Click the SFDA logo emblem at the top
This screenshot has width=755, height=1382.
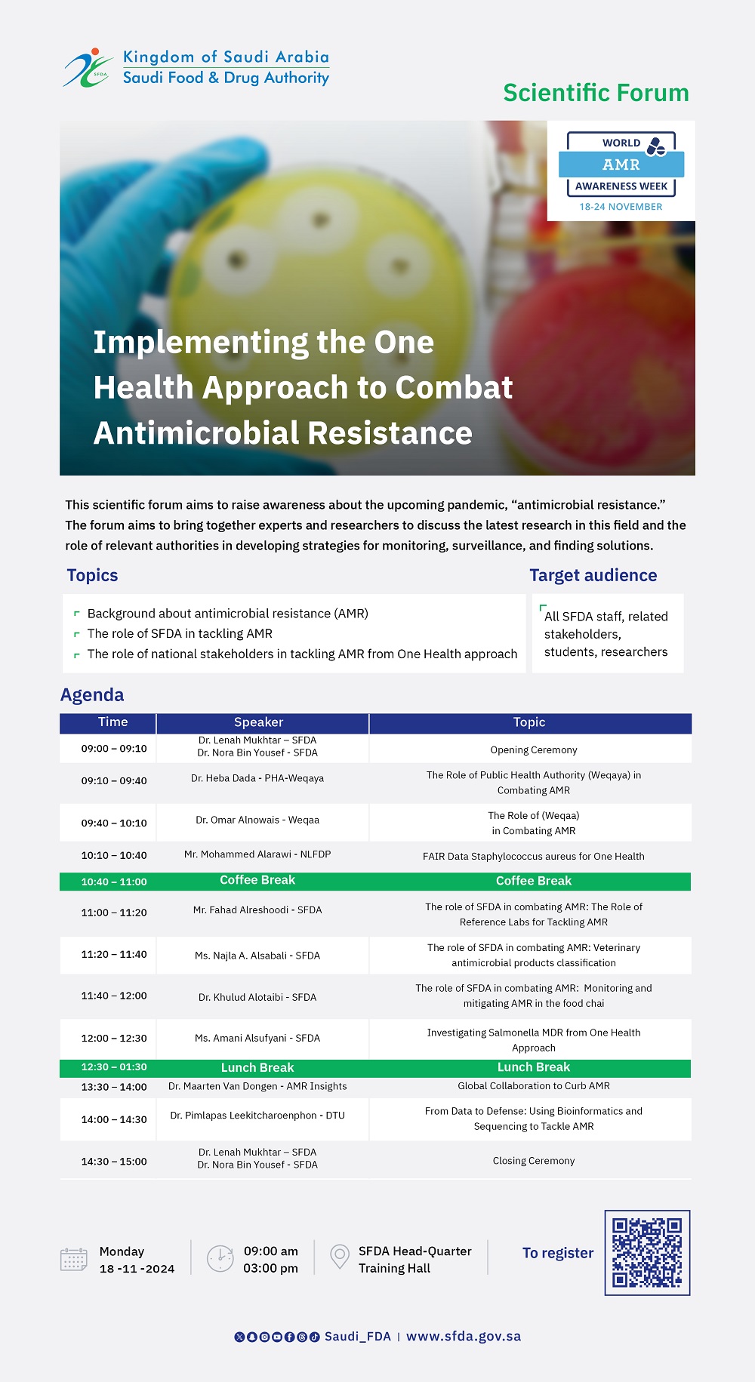coord(88,68)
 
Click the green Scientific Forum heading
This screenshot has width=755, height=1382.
coord(596,93)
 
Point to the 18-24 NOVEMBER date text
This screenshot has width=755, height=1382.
coord(621,207)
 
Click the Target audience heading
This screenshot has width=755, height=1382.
coord(593,575)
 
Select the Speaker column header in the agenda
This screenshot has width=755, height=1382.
coord(258,722)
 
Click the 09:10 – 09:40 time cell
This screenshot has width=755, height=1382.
coord(114,780)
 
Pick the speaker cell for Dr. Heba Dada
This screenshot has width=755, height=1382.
coord(257,778)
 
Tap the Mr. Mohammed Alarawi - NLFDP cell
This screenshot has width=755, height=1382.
coord(257,854)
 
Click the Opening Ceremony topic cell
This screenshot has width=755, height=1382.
coord(534,750)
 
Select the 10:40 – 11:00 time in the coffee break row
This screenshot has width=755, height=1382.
coord(114,882)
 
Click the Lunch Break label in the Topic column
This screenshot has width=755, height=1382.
coord(534,1067)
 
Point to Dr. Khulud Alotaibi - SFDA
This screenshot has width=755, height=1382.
coord(257,997)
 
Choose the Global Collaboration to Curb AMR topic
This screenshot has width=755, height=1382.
coord(534,1086)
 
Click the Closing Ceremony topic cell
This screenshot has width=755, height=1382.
coord(534,1161)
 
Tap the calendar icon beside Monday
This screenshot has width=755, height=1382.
coord(74,1259)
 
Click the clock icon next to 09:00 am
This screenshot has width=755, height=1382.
coord(220,1259)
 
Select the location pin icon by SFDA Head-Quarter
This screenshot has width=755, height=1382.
coord(340,1257)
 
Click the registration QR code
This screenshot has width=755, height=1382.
coord(647,1253)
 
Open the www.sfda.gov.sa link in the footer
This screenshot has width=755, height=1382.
coord(464,1337)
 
